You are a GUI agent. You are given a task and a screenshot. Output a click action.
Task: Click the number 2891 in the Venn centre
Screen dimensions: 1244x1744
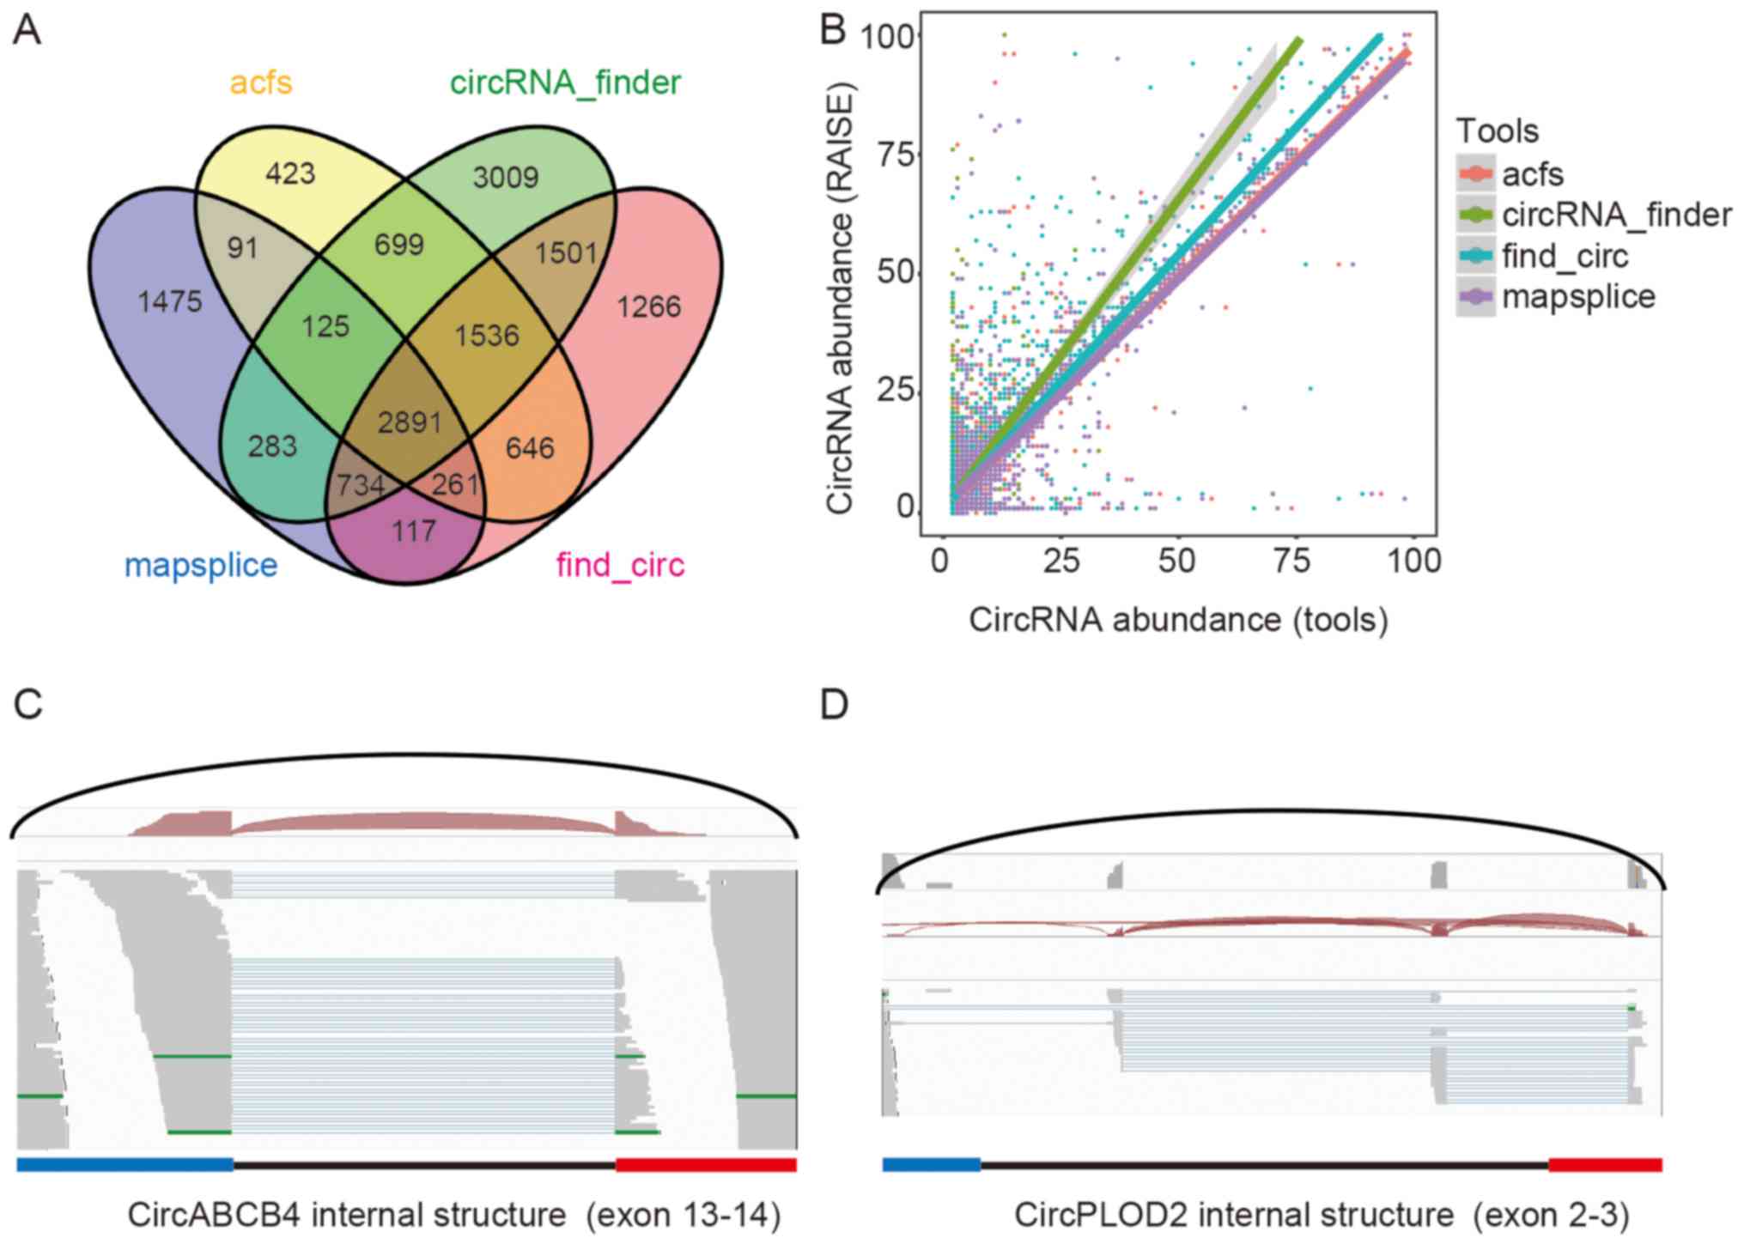410,422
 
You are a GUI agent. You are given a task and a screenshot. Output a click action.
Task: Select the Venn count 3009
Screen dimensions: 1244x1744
506,178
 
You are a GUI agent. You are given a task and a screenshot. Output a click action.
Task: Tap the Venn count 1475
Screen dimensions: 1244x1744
170,301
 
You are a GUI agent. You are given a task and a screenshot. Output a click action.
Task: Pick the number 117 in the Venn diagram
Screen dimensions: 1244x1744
414,531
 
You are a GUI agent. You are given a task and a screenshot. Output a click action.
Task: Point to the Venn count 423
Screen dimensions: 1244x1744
290,173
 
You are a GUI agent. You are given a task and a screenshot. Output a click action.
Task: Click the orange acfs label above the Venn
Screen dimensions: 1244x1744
261,82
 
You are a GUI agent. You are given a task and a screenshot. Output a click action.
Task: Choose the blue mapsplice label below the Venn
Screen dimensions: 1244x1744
201,565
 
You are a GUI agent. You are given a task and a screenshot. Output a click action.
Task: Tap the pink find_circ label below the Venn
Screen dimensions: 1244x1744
620,565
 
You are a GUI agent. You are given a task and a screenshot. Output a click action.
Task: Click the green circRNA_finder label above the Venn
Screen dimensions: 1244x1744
565,82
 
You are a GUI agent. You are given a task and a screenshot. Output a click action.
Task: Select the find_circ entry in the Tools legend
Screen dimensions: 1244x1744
1565,256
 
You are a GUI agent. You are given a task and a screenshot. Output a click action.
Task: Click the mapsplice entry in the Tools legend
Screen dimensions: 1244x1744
1578,296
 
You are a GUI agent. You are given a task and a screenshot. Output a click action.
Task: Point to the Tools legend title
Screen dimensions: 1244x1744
1498,130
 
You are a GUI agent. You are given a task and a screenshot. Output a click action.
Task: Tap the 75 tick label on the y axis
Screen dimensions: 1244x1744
896,155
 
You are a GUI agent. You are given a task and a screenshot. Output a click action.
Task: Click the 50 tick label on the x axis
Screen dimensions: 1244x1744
1176,561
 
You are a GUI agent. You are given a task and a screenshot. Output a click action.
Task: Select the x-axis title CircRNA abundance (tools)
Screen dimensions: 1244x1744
1178,619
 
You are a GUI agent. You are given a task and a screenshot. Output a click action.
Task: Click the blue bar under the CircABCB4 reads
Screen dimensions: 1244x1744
125,1164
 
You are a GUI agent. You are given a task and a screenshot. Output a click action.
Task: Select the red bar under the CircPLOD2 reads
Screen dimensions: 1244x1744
1605,1164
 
